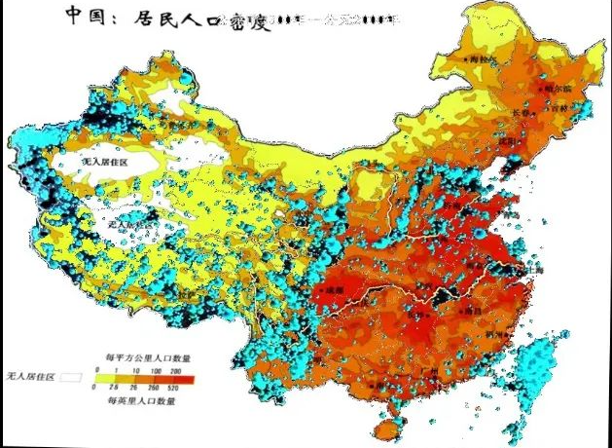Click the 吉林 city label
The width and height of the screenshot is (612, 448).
pyautogui.click(x=559, y=109)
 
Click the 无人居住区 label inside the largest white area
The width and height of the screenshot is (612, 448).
pyautogui.click(x=104, y=161)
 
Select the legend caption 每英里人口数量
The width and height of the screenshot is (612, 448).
pyautogui.click(x=141, y=399)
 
